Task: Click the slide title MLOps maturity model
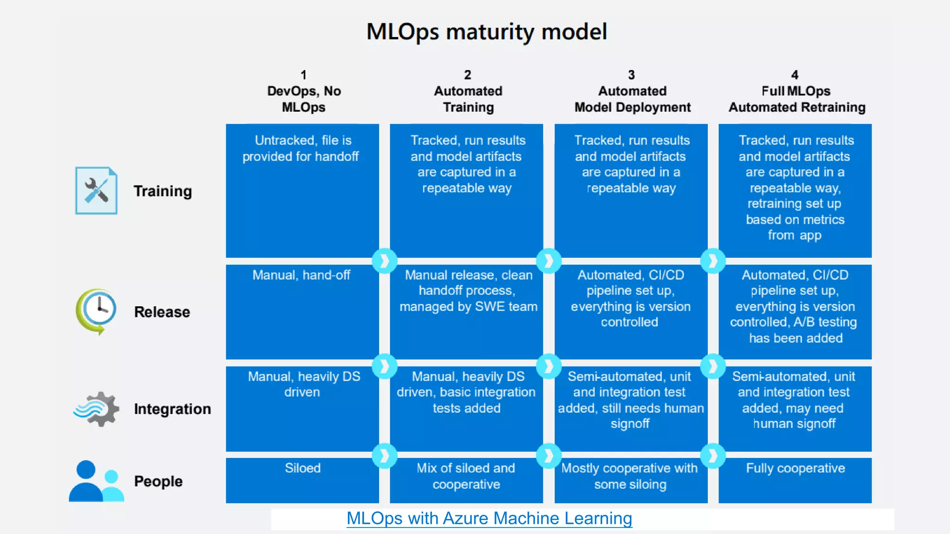[487, 32]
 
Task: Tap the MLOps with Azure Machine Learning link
[489, 518]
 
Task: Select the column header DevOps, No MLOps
[304, 99]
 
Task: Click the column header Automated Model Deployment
[632, 99]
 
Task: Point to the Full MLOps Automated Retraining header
[796, 99]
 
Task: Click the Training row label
[162, 191]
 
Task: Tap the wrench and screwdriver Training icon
[96, 191]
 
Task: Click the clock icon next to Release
[96, 311]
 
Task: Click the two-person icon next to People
[96, 481]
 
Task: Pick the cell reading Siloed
[302, 480]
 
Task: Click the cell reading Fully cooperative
[795, 480]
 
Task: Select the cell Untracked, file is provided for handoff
[302, 190]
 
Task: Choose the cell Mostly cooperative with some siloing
[630, 480]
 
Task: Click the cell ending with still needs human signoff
[630, 408]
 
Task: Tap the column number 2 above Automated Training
[468, 75]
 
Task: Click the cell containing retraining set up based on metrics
[795, 190]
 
